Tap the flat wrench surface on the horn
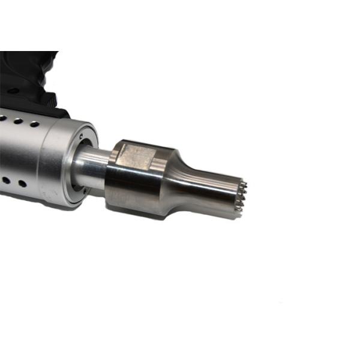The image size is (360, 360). [x=136, y=155]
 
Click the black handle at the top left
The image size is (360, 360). [x=24, y=72]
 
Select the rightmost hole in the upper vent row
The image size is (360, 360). [x=35, y=124]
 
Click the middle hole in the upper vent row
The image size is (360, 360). [x=19, y=121]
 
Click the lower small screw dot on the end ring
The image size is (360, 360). [x=85, y=193]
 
